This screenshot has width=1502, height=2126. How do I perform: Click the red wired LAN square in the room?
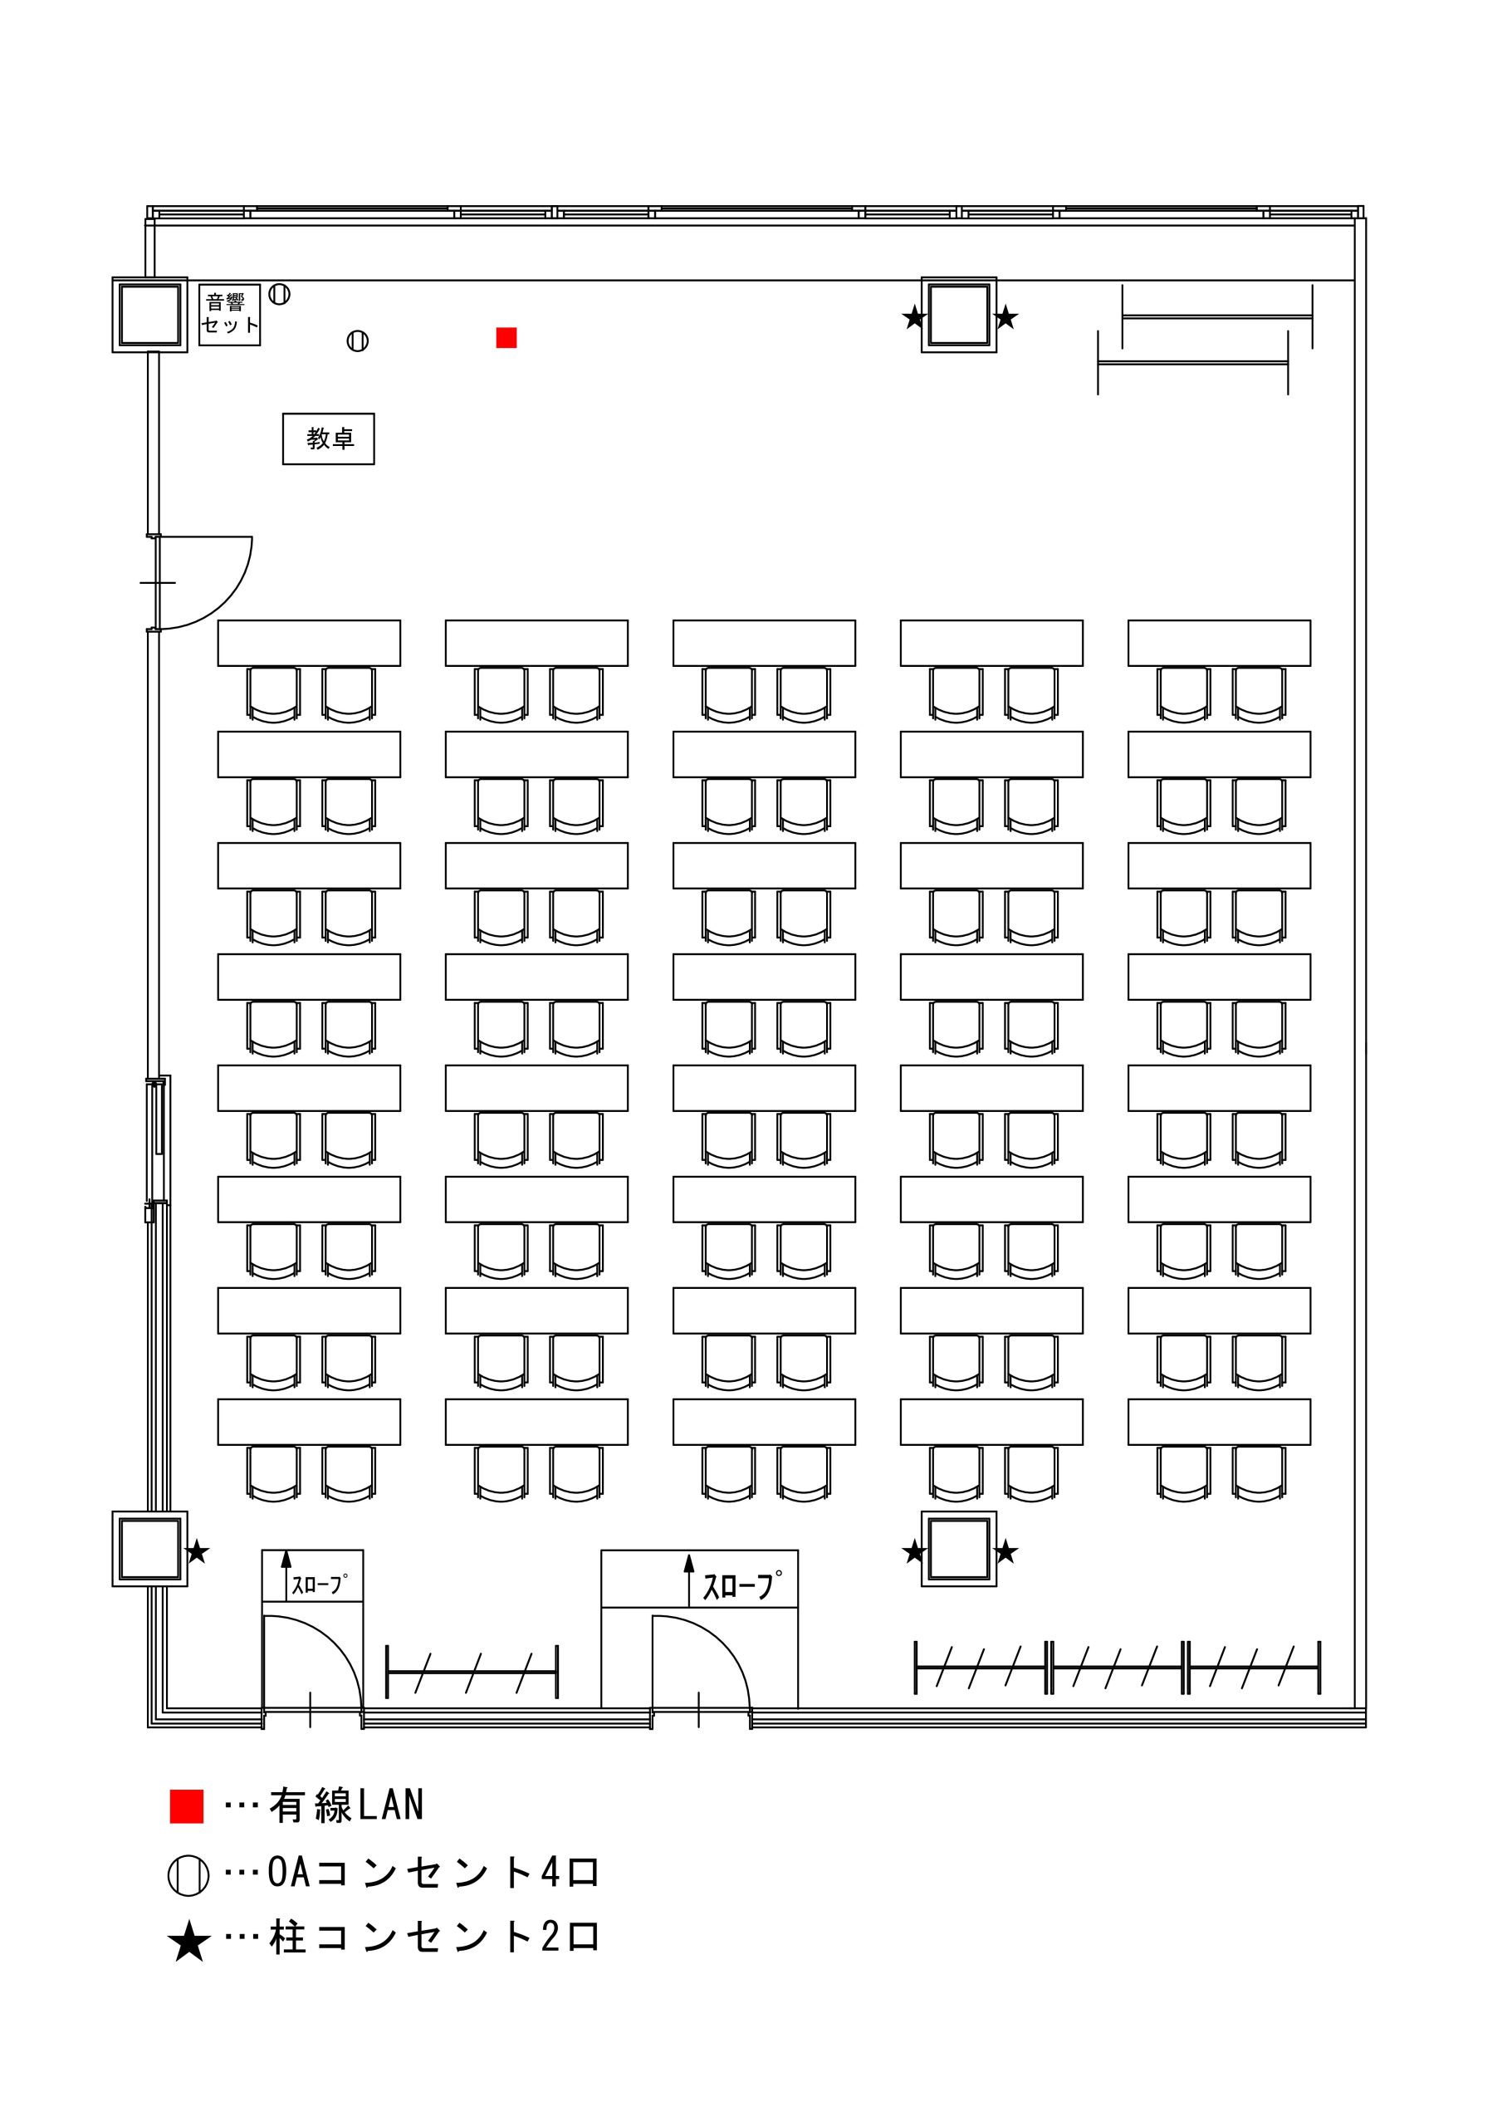tap(506, 338)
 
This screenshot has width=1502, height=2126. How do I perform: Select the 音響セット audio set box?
tap(230, 315)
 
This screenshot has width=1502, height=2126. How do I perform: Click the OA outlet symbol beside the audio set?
tap(280, 295)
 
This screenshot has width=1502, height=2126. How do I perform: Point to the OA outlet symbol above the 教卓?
tap(358, 341)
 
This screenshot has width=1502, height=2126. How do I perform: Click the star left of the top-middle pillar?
tap(914, 317)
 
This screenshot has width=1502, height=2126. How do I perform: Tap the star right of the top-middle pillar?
tap(1005, 317)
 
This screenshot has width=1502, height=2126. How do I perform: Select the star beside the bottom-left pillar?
tap(198, 1551)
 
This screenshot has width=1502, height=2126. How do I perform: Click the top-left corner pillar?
tap(150, 315)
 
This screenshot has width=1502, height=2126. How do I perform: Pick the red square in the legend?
tap(187, 1806)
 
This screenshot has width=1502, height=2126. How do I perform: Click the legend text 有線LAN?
tap(346, 1805)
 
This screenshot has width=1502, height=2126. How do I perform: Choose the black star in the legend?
tap(189, 1942)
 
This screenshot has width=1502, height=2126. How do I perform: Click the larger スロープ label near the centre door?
tap(741, 1585)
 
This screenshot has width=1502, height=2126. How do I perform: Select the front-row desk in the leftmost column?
tap(310, 643)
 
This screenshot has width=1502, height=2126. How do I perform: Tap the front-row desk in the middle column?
tap(764, 643)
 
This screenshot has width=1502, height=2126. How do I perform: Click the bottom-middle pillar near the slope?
tap(959, 1549)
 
